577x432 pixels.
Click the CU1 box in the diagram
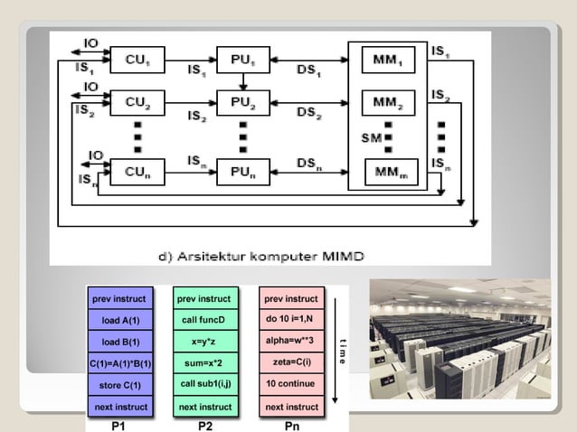click(138, 61)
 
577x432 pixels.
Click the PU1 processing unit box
click(243, 61)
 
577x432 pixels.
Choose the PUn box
click(243, 169)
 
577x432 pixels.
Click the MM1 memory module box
click(392, 61)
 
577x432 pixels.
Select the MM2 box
click(392, 103)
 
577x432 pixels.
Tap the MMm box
click(392, 170)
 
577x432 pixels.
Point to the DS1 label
click(309, 70)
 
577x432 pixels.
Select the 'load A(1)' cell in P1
click(120, 320)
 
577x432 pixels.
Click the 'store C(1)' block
click(120, 386)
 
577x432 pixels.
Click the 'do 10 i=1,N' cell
click(290, 320)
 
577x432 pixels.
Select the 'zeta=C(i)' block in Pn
click(290, 364)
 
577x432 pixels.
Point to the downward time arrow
click(336, 352)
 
